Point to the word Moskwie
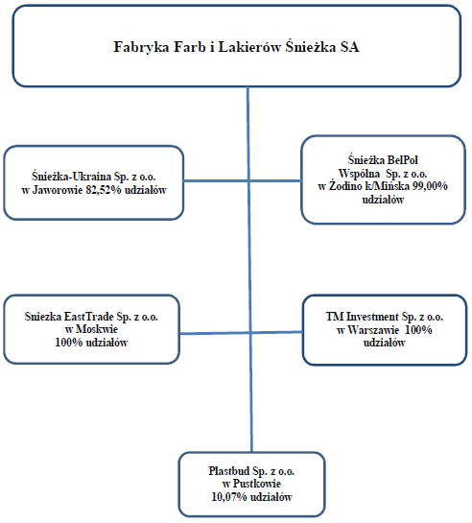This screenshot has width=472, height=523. tap(97, 329)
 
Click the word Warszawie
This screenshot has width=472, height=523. tap(373, 330)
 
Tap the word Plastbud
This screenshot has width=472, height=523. tap(228, 471)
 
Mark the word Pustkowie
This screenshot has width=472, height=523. tap(257, 484)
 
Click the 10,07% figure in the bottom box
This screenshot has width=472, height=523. tap(229, 497)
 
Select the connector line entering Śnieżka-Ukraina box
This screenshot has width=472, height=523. tap(217, 181)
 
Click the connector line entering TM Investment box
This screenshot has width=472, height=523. tap(276, 332)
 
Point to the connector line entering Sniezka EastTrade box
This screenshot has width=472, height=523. tap(215, 333)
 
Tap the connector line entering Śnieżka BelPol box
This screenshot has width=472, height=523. tap(275, 181)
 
